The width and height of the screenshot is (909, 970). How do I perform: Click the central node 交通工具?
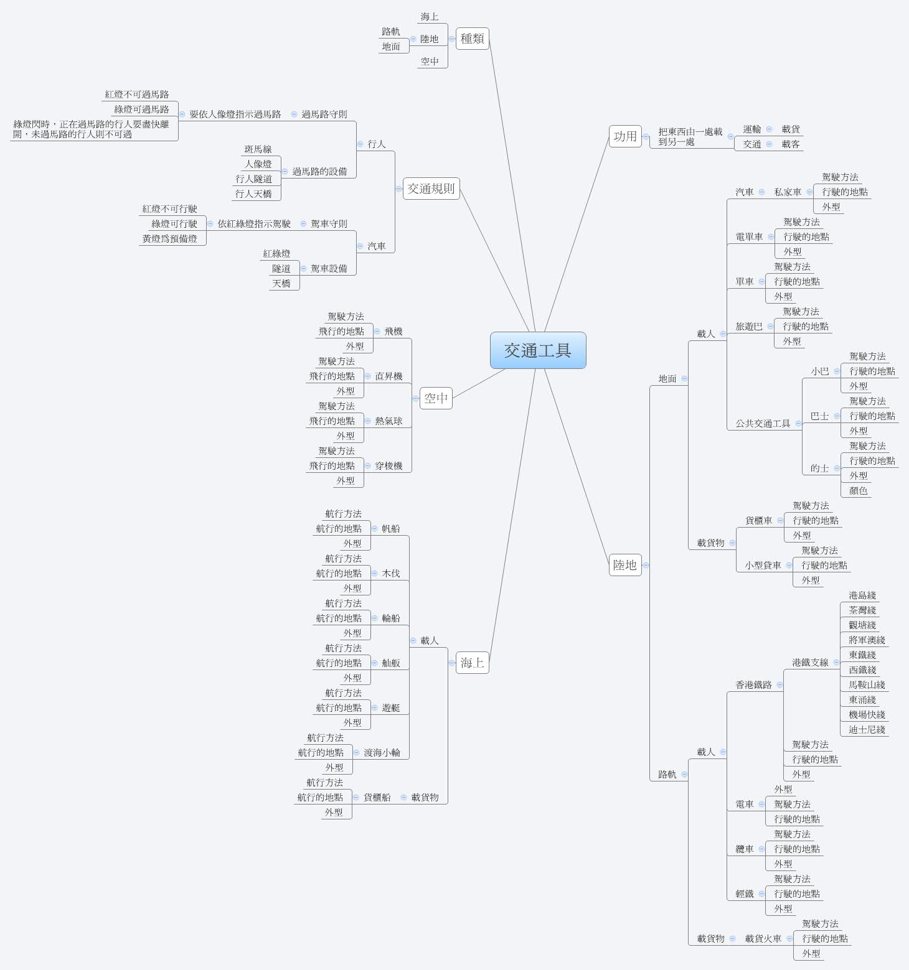point(538,350)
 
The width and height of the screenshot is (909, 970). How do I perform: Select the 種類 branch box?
point(472,39)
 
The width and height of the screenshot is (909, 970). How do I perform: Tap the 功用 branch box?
point(625,136)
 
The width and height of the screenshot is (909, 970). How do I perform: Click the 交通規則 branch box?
point(431,189)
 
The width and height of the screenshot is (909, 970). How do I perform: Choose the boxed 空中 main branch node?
point(436,398)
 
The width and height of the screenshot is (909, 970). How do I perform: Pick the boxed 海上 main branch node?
point(472,663)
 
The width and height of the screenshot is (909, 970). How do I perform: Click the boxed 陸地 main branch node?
point(625,565)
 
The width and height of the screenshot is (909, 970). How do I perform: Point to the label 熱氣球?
point(389,421)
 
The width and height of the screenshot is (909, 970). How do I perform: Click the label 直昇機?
point(389,376)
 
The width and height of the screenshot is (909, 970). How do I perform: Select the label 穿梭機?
point(389,466)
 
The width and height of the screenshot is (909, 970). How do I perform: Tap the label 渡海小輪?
point(382,753)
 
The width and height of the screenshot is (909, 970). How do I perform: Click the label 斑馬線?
point(258,149)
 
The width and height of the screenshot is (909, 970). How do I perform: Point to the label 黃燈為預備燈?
point(169,239)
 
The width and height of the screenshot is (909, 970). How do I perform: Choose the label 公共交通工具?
point(763,424)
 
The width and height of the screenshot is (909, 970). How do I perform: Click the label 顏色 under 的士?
point(858,491)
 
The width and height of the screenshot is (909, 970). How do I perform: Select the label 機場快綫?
point(867,715)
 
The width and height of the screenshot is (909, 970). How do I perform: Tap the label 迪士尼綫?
point(867,730)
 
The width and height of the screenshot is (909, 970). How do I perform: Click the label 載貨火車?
point(763,939)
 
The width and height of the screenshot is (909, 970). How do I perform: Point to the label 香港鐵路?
point(753,685)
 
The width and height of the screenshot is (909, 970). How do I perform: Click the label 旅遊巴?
point(748,327)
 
